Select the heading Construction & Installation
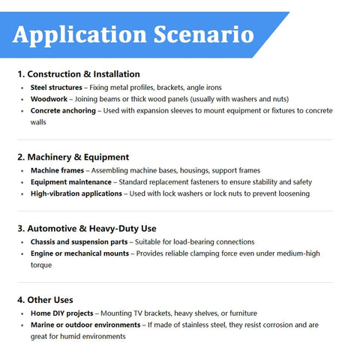79,74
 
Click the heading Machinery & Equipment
73,157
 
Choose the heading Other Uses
47,299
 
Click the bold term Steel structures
56,88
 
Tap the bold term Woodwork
49,99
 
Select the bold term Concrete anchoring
63,110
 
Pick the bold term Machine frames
57,171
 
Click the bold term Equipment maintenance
71,182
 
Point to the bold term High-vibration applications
76,193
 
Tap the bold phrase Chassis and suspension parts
78,241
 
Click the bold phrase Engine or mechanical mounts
79,253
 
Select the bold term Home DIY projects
61,313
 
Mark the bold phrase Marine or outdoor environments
85,325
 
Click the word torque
42,265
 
